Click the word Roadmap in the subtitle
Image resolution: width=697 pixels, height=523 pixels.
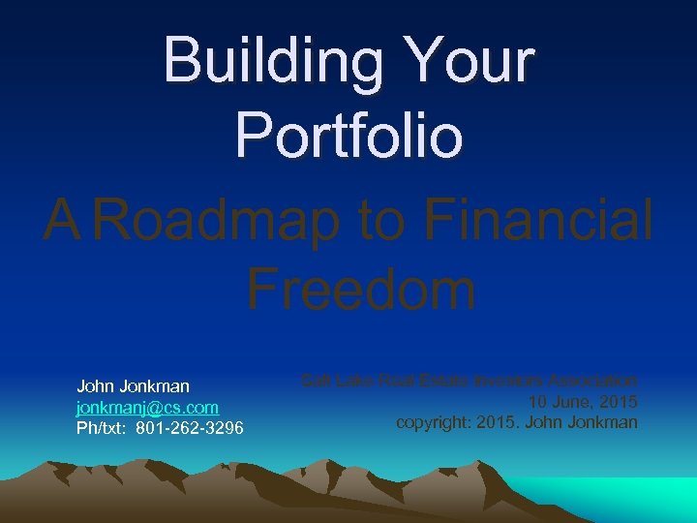(x=218, y=219)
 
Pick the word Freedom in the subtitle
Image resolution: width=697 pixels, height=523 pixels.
(x=360, y=288)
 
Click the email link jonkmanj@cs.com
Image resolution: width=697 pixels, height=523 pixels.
(x=147, y=408)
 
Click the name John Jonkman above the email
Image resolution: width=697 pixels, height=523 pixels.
(x=133, y=387)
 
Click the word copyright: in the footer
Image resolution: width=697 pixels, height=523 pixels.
(x=435, y=422)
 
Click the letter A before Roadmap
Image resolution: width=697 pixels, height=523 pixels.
(x=62, y=219)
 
